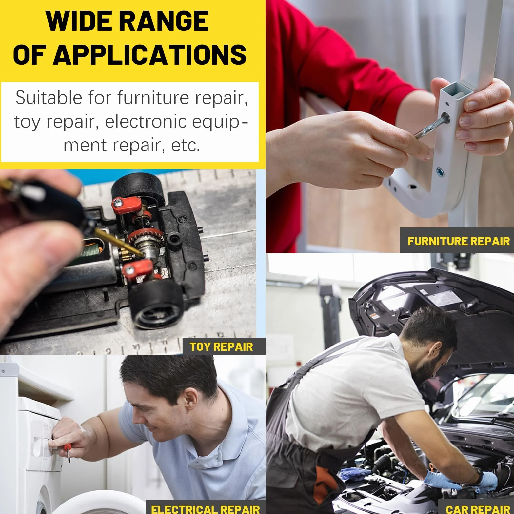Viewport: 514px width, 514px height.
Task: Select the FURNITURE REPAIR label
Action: click(x=459, y=241)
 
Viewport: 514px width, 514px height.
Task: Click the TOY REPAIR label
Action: click(x=221, y=347)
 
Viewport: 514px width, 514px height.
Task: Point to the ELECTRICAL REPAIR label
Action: click(x=206, y=509)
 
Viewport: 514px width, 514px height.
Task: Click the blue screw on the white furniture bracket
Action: click(x=440, y=171)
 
